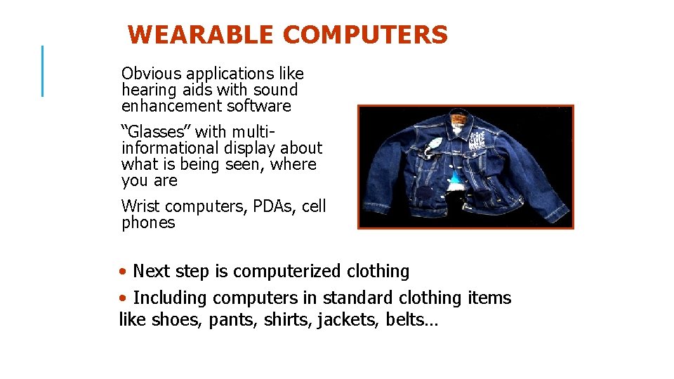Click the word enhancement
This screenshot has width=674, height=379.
click(171, 106)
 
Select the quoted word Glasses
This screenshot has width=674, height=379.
click(156, 131)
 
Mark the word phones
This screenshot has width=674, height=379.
click(148, 223)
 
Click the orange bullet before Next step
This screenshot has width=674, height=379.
click(124, 272)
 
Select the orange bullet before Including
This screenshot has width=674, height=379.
click(124, 298)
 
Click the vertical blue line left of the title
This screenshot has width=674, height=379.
click(43, 70)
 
